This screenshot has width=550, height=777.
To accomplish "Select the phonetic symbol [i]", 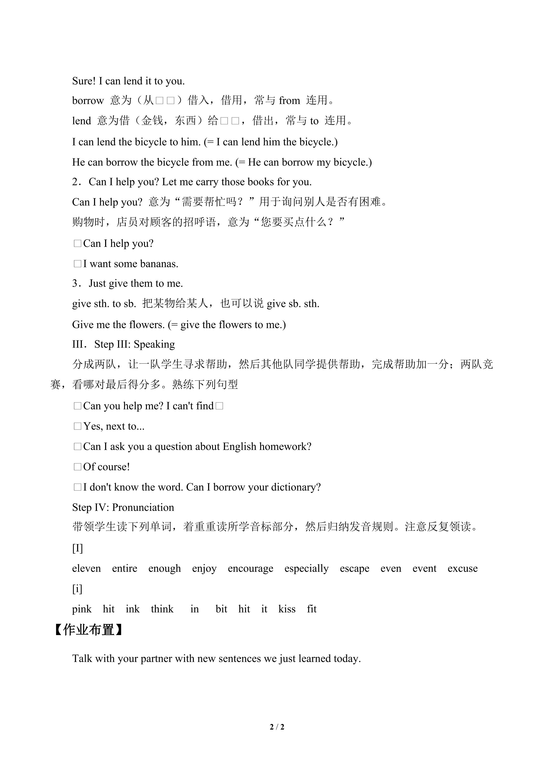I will pos(77,589).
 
